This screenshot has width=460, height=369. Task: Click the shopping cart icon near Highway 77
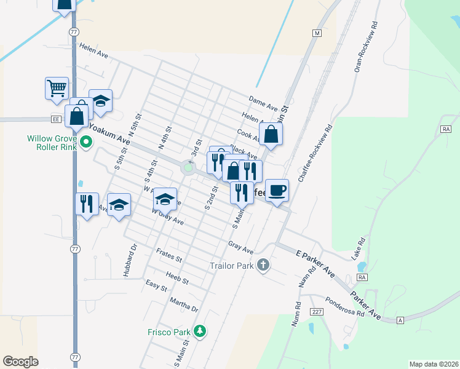[x=57, y=88]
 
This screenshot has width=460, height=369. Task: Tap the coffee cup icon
[x=277, y=190]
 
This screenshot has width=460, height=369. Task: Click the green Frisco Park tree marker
[x=199, y=331]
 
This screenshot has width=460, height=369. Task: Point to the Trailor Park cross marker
[x=263, y=265]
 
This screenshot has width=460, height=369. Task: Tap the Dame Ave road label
[x=263, y=99]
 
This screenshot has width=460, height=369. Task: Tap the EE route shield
[x=55, y=119]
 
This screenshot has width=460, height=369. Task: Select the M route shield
[x=317, y=33]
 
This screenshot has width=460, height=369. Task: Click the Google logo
[x=20, y=362]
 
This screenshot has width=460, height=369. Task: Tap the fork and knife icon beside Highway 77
[x=86, y=203]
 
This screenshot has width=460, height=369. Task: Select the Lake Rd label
[x=361, y=248]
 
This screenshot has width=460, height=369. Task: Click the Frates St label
[x=169, y=254]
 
